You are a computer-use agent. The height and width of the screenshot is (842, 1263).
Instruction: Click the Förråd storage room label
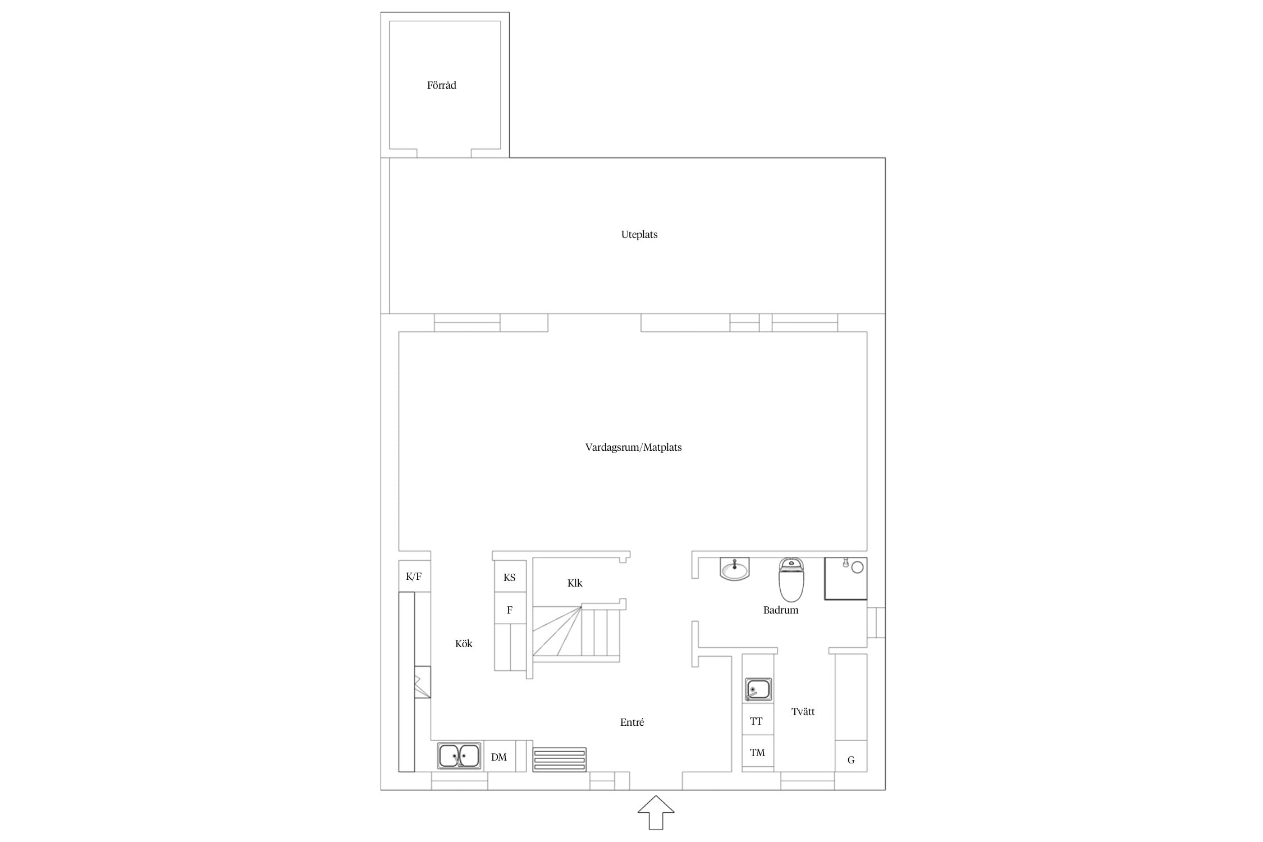(441, 85)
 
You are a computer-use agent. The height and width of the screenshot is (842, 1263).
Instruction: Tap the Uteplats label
(639, 235)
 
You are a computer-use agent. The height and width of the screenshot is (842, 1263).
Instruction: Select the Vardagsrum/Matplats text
(633, 447)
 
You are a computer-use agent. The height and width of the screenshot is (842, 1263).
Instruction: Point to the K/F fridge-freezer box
(414, 576)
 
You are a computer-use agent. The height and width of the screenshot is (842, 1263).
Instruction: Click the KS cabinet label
(509, 578)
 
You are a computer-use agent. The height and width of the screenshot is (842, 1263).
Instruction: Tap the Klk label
(575, 583)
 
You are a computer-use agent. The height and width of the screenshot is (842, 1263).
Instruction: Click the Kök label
(464, 644)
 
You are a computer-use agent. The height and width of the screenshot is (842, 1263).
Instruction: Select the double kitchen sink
(459, 756)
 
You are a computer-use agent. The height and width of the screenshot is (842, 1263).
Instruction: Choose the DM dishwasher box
(500, 756)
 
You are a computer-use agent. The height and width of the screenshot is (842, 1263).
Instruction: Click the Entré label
(632, 722)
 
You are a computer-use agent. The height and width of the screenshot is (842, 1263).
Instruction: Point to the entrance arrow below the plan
(656, 812)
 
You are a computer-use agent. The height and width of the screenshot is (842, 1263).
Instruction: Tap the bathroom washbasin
(734, 569)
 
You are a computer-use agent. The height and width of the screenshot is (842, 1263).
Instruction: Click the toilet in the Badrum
(791, 579)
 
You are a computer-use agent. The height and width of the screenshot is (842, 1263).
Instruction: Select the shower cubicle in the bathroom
(845, 578)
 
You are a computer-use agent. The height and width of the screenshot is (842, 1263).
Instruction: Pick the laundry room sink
(758, 690)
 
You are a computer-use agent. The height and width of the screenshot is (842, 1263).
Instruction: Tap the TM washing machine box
(758, 753)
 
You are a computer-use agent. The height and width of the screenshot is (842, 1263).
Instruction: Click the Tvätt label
(803, 712)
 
